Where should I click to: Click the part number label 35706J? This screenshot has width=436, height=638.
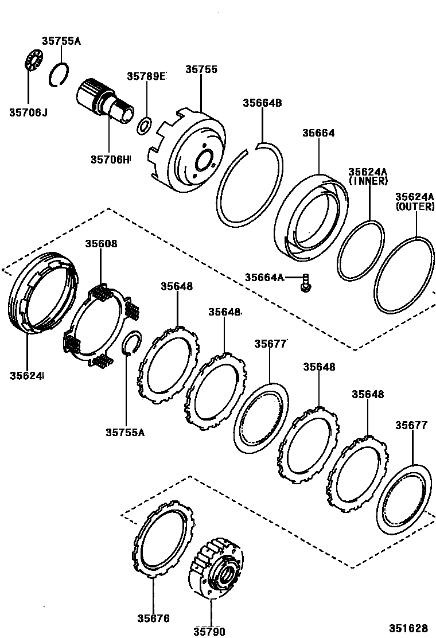(28, 112)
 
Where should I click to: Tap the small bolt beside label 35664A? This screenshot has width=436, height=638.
(306, 282)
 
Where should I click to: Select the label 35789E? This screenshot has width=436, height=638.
(146, 76)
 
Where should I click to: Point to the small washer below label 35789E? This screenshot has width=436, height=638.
(145, 125)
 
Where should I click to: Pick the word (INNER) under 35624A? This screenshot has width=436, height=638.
(368, 181)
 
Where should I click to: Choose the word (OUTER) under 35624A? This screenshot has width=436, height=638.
(414, 207)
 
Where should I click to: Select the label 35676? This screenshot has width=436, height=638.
(153, 618)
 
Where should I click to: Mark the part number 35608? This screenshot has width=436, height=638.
(101, 243)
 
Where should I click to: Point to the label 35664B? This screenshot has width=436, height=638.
(262, 103)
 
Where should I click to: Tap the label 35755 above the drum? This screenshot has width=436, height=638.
(201, 69)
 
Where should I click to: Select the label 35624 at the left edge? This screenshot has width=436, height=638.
(26, 376)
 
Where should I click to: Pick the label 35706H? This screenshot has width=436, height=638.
(110, 159)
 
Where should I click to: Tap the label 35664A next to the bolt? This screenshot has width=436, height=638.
(264, 277)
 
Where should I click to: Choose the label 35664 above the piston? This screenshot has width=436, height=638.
(318, 133)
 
